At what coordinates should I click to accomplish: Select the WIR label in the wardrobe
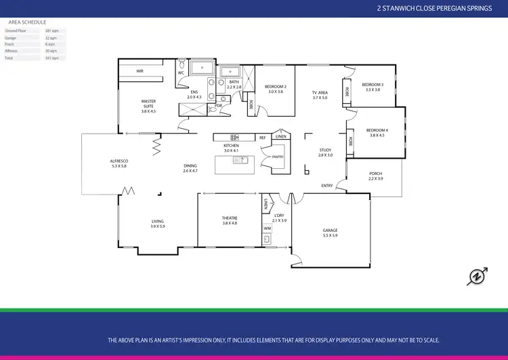pyautogui.click(x=140, y=71)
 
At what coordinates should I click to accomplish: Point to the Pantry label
pyautogui.click(x=277, y=157)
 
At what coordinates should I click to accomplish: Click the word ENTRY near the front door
pyautogui.click(x=327, y=186)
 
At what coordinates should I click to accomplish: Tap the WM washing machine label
pyautogui.click(x=267, y=228)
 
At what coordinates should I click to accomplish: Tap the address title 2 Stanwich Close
pyautogui.click(x=433, y=9)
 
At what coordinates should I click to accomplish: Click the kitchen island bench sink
pyautogui.click(x=240, y=160)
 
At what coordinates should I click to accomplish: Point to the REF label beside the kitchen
pyautogui.click(x=262, y=138)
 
